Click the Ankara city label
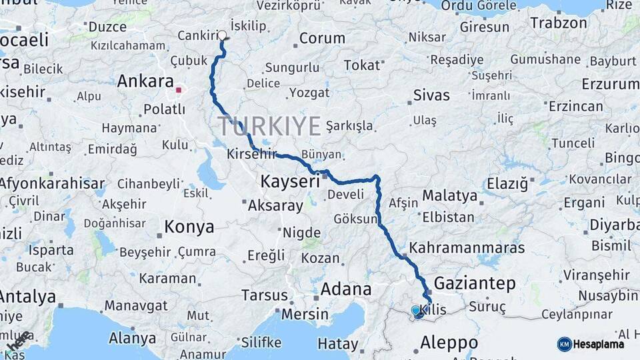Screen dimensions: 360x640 tap(145, 82)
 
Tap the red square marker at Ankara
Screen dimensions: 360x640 tap(179, 89)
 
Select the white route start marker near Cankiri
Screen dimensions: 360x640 tap(222, 35)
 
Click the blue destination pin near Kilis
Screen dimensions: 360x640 tap(416, 311)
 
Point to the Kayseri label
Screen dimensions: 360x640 tap(290, 181)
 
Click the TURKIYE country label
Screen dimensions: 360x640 tap(269, 126)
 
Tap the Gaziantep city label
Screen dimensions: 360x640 tap(475, 283)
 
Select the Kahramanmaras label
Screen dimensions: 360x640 tap(467, 248)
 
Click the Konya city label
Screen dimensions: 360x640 tap(189, 227)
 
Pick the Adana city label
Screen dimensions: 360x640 tap(346, 289)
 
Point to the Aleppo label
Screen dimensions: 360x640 tap(449, 343)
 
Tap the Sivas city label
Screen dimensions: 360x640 tap(431, 95)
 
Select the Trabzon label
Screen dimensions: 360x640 tap(558, 23)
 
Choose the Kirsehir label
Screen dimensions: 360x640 tap(251, 153)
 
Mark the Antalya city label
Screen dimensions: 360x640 tap(28, 296)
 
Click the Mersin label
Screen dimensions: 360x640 tap(305, 314)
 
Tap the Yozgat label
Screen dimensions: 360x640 tap(309, 93)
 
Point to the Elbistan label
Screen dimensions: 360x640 tap(449, 217)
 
